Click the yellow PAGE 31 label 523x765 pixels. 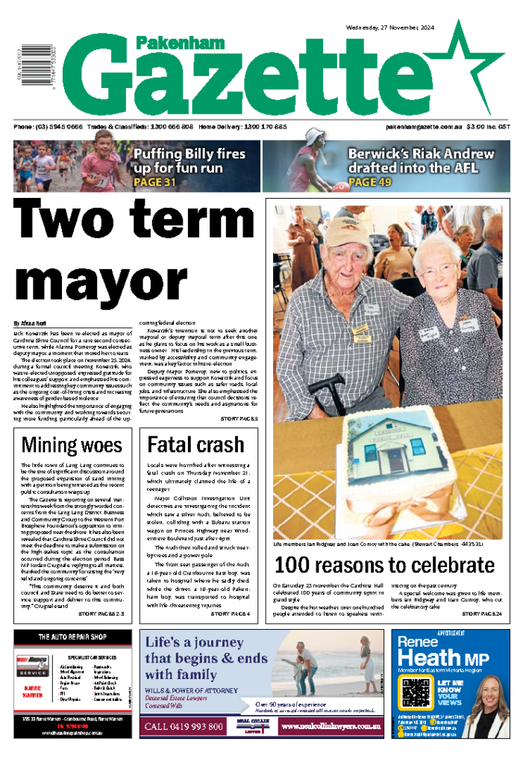[x=154, y=182]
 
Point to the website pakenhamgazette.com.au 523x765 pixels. [x=424, y=128]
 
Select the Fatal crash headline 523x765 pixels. [x=196, y=445]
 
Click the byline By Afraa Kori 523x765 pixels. [x=30, y=323]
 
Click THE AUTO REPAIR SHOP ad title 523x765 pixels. [x=72, y=637]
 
